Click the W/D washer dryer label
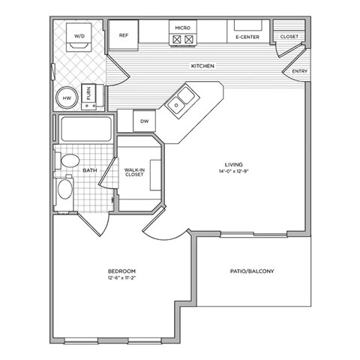point(78,33)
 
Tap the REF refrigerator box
point(124,35)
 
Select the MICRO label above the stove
point(182,28)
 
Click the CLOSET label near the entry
point(289,36)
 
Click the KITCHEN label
point(202,67)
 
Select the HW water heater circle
point(66,97)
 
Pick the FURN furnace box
point(88,94)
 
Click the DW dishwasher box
point(144,120)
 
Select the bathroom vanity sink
point(65,187)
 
